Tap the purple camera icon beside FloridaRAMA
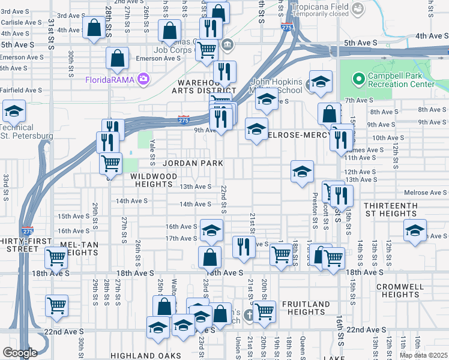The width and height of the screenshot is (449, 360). pos(143,79)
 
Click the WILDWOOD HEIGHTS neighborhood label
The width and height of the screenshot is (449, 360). pos(155,180)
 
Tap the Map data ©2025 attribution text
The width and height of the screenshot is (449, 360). pos(423,355)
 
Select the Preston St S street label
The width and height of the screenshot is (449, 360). pos(314,210)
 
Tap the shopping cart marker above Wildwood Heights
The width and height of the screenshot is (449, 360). pos(110,163)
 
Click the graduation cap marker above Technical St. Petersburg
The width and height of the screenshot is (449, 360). pos(13,110)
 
